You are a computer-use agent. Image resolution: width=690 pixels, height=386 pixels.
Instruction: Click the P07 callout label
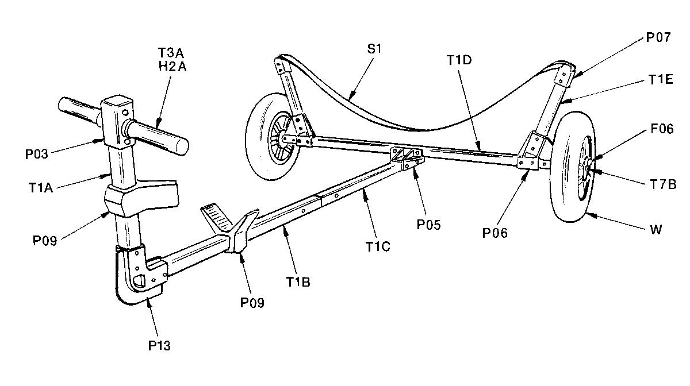pos(658,37)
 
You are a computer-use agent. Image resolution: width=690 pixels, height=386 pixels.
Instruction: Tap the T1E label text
pos(661,80)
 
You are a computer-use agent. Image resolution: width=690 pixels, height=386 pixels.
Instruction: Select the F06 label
pos(662,129)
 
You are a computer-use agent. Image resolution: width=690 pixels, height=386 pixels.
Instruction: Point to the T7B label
pos(663,184)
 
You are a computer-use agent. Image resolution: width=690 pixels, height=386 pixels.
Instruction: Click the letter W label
pos(656,230)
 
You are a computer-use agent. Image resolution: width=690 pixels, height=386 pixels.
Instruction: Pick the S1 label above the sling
pos(374,49)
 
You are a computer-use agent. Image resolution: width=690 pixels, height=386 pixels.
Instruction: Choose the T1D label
pos(459,60)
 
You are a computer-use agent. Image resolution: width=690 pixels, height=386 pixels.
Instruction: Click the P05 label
pos(428,225)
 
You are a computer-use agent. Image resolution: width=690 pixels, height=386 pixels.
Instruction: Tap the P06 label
pos(494,233)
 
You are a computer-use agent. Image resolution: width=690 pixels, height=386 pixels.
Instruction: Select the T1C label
pos(378,247)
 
